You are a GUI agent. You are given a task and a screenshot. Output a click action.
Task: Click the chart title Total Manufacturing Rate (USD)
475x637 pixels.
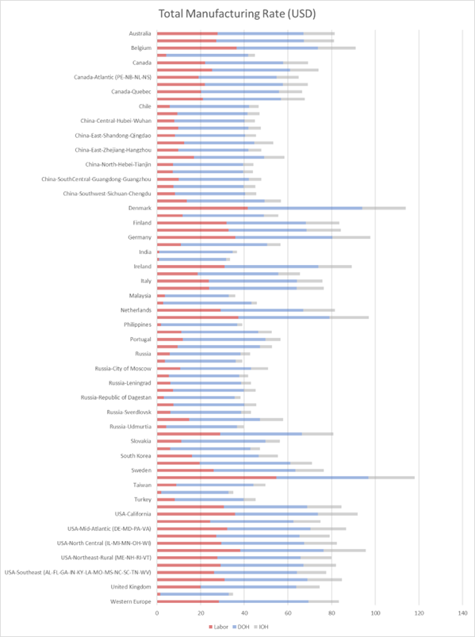click(x=237, y=13)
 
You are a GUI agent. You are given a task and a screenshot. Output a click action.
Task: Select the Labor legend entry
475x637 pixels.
click(x=218, y=627)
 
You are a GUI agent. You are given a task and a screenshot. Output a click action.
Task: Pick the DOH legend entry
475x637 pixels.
click(x=241, y=627)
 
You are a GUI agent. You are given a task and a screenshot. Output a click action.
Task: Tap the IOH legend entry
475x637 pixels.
click(x=261, y=627)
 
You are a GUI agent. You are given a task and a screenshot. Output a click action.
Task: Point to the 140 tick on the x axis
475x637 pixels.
click(x=462, y=613)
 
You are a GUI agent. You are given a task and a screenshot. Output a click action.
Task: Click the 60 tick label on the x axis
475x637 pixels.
click(x=288, y=613)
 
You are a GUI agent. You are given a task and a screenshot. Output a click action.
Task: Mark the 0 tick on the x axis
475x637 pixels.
click(x=157, y=613)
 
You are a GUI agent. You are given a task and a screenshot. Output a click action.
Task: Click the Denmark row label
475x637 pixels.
click(x=140, y=208)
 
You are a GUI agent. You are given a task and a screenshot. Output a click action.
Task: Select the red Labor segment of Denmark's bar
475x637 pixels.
click(x=202, y=208)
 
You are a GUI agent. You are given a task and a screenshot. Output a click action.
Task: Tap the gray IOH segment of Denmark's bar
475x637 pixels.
click(x=384, y=208)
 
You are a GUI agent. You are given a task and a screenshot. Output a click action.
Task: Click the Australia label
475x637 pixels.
click(x=140, y=33)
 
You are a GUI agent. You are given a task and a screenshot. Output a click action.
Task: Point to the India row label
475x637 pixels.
click(x=145, y=252)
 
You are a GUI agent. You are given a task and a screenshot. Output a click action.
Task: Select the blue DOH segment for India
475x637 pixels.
click(x=196, y=252)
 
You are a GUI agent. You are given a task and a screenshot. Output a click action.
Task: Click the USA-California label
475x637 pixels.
click(x=132, y=514)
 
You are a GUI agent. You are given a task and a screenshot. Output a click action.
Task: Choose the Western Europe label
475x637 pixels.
click(x=131, y=601)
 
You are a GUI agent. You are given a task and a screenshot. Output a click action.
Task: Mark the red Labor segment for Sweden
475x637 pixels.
click(x=186, y=470)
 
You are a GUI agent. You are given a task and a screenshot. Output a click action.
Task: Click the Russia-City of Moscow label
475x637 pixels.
click(x=123, y=368)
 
